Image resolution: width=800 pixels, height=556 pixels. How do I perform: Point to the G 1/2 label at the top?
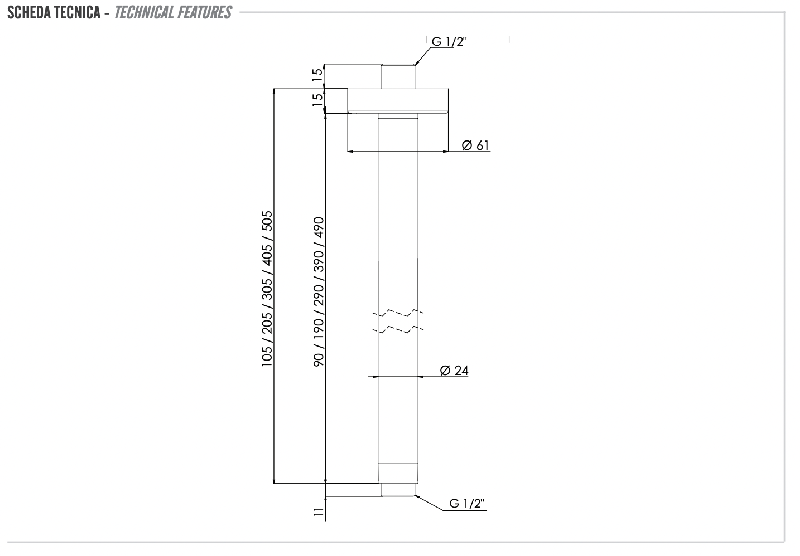pos(449,42)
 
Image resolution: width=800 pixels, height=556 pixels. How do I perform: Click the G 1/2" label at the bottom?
pos(467,503)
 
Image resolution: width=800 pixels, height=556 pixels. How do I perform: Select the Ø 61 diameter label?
pos(476,145)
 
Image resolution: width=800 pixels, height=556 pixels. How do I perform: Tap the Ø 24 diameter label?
pos(454,370)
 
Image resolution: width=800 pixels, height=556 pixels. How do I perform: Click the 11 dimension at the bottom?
pos(319,513)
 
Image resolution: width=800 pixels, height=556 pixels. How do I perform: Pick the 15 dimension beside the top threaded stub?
pos(317,73)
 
